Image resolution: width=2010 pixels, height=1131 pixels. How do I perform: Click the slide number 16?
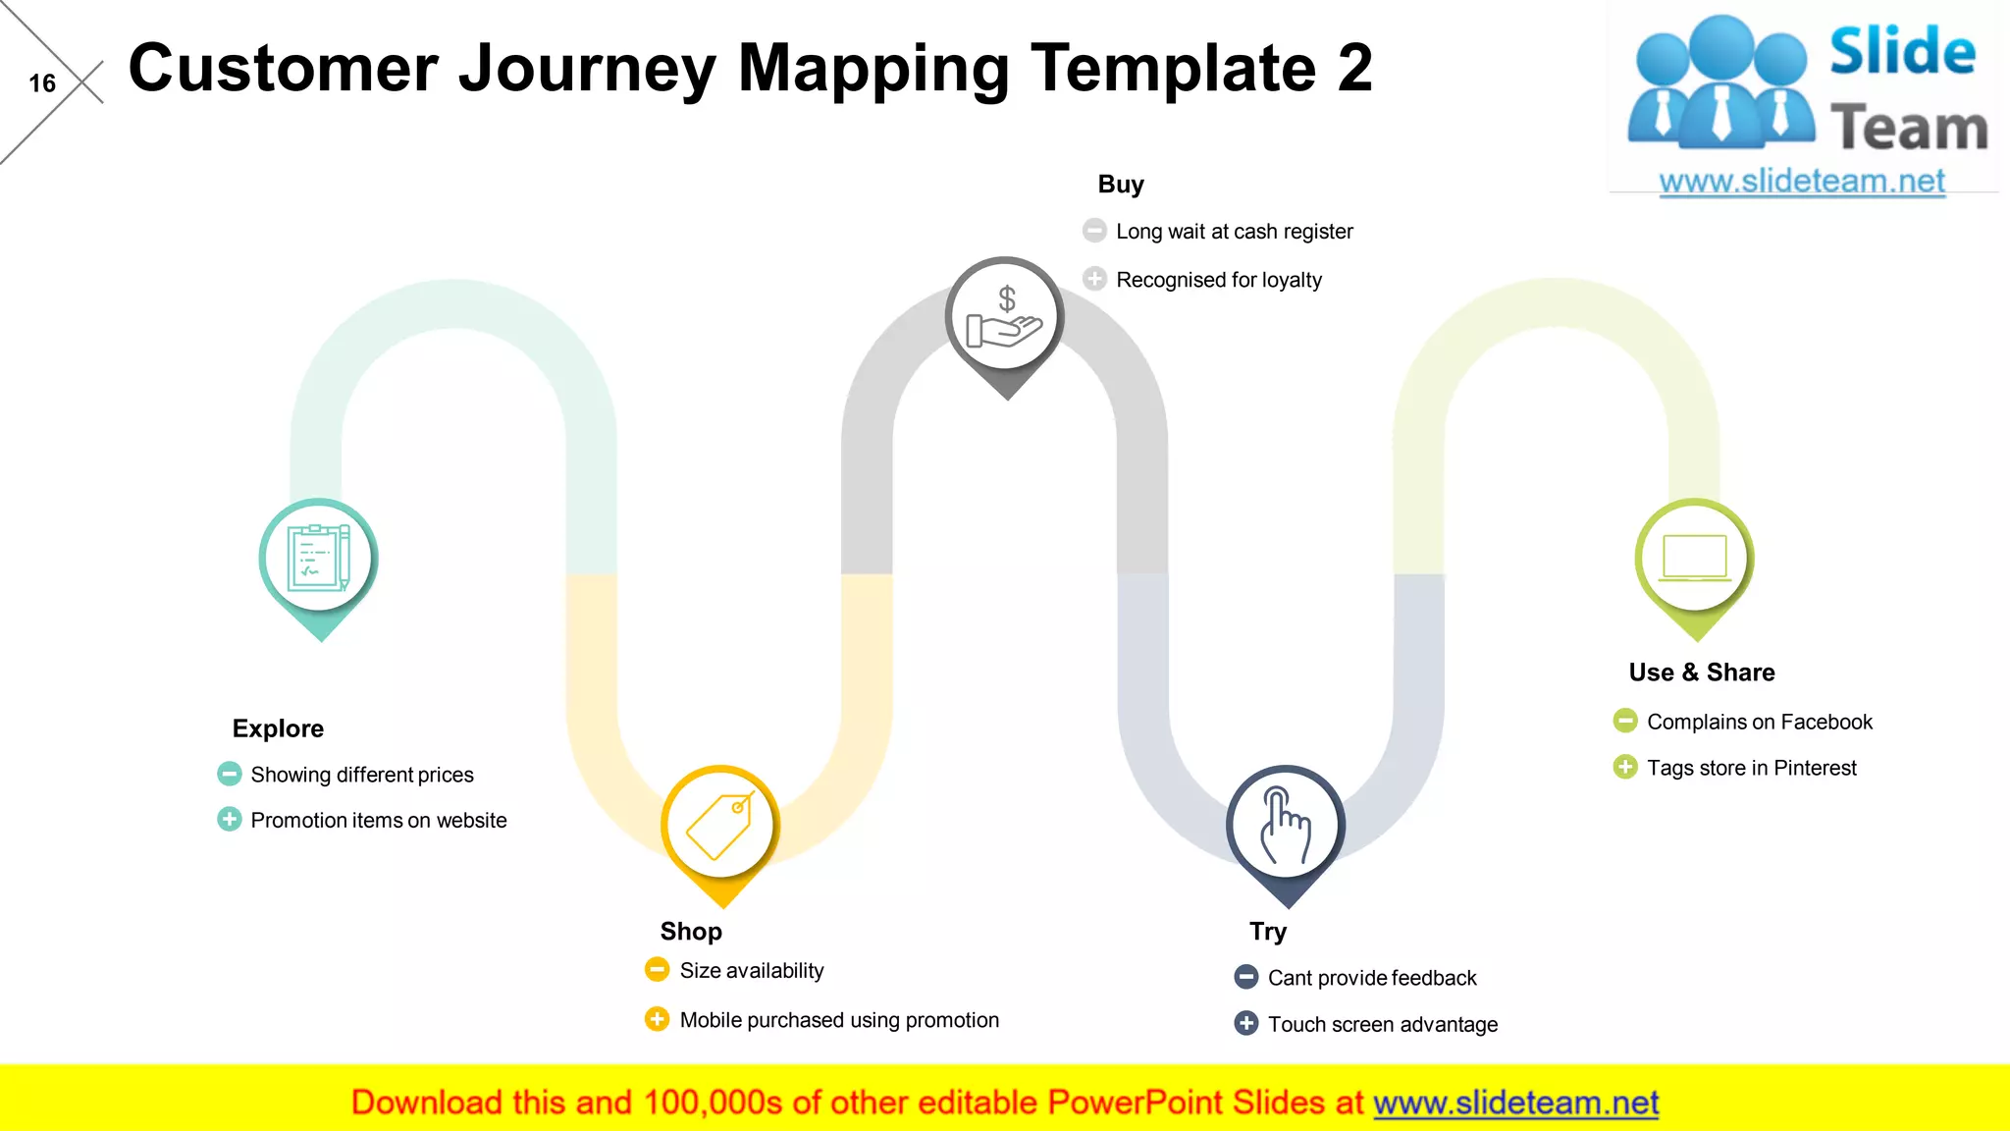point(42,83)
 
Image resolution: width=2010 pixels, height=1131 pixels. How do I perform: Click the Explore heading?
point(278,728)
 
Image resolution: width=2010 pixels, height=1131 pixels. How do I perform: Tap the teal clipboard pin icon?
point(318,558)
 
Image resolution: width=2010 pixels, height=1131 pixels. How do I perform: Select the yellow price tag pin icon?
point(720,825)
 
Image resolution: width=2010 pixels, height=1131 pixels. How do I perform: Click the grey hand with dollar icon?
point(1005,316)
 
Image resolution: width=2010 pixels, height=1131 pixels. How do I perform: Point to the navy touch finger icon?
point(1285,825)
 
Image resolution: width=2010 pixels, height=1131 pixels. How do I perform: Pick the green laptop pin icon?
point(1694,558)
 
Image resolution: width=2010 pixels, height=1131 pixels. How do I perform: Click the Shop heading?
point(691,931)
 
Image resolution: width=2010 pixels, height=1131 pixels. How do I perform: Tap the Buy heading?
point(1121,185)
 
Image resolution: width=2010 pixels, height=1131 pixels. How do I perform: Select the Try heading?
point(1267,931)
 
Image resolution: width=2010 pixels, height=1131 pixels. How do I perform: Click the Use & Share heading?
point(1702,673)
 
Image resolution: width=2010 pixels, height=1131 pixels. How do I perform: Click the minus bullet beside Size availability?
point(657,970)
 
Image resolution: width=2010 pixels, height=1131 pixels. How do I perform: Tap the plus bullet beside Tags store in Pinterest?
point(1625,767)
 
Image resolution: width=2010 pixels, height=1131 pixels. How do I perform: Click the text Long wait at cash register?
point(1234,232)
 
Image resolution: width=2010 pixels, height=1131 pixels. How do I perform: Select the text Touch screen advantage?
point(1382,1024)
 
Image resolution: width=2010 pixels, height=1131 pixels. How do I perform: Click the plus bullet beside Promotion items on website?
point(229,819)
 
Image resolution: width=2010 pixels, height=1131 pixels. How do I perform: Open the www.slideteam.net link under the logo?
point(1802,182)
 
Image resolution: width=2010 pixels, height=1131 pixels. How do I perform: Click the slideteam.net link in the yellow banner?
point(1515,1103)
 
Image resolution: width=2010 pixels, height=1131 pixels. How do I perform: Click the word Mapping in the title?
point(873,69)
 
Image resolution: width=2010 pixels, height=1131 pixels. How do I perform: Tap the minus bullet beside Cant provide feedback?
point(1245,977)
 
